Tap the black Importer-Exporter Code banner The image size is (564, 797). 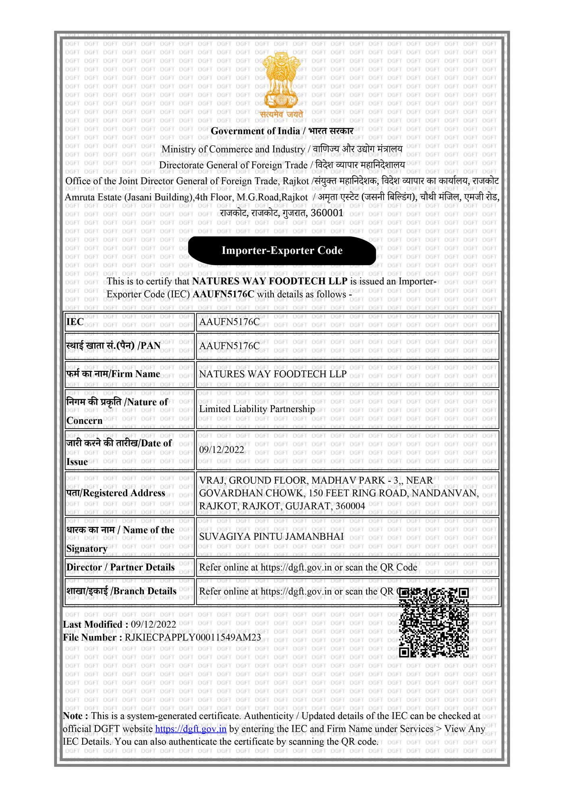click(x=282, y=250)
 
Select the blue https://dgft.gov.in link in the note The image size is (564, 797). click(x=191, y=729)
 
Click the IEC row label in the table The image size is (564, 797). click(x=75, y=322)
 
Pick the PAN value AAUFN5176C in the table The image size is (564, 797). click(x=229, y=346)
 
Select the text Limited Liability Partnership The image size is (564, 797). click(x=257, y=409)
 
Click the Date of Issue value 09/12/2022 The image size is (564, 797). click(x=222, y=450)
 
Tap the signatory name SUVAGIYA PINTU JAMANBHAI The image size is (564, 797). click(x=272, y=537)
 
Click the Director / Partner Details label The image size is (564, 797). click(x=120, y=567)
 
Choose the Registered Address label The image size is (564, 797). click(x=116, y=493)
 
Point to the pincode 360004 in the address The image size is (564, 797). click(x=350, y=506)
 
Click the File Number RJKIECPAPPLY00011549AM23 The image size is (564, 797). click(x=193, y=638)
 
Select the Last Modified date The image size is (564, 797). click(x=153, y=624)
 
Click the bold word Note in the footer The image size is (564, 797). click(x=73, y=716)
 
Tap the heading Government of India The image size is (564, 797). click(x=255, y=131)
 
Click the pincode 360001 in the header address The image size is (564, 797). click(x=327, y=213)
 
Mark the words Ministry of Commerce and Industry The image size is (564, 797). click(x=233, y=149)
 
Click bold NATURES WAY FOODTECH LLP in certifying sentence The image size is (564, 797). click(x=270, y=281)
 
